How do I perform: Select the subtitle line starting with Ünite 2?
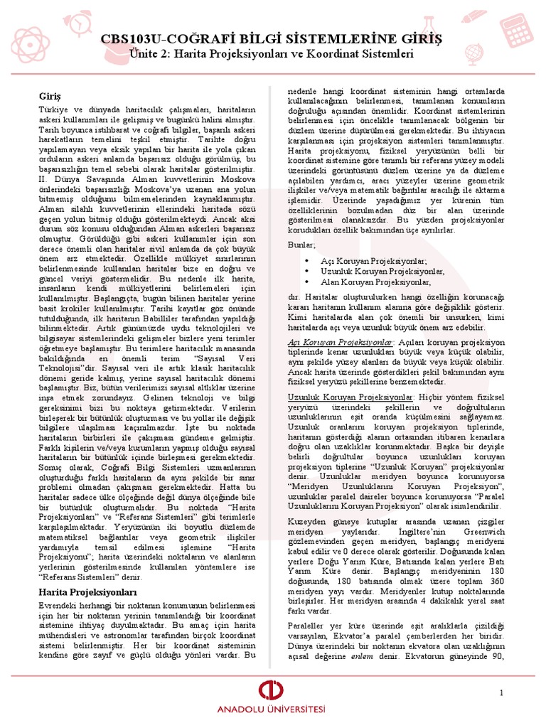272,53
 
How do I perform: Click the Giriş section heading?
50,95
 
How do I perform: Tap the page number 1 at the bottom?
501,692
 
